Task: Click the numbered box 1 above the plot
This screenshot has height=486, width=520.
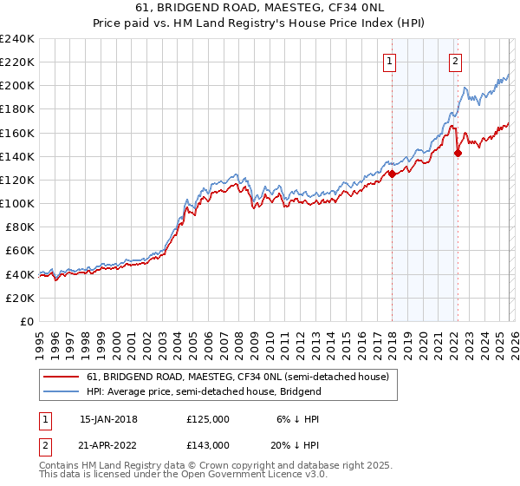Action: pyautogui.click(x=390, y=61)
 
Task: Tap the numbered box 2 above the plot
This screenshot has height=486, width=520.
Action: pyautogui.click(x=455, y=61)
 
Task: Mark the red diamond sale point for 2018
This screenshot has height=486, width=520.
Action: pyautogui.click(x=392, y=174)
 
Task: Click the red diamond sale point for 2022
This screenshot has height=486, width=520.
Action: pyautogui.click(x=457, y=153)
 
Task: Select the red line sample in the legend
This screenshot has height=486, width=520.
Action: pyautogui.click(x=62, y=377)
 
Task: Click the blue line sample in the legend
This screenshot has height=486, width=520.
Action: pyautogui.click(x=62, y=391)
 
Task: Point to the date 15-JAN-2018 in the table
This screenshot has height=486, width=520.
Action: pyautogui.click(x=108, y=419)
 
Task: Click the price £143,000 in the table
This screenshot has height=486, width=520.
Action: pyautogui.click(x=207, y=443)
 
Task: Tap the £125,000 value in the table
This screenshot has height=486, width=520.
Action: pyautogui.click(x=207, y=419)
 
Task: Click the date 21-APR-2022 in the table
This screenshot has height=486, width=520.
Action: pyautogui.click(x=108, y=443)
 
